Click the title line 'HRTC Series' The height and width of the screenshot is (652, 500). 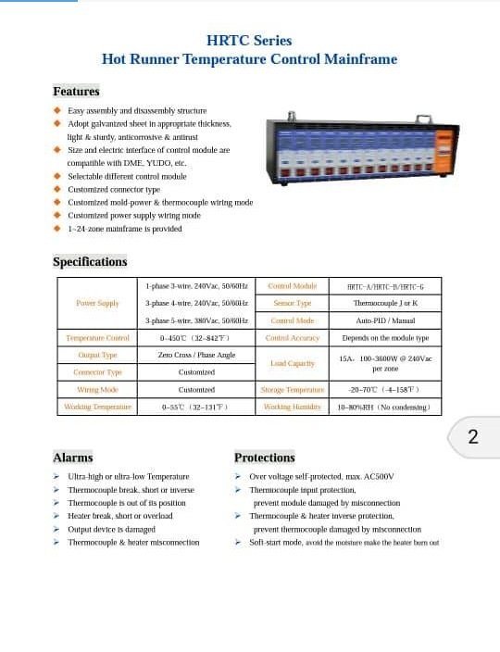pos(249,41)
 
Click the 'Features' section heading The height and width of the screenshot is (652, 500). pos(76,92)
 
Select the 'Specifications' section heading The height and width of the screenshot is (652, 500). pos(90,262)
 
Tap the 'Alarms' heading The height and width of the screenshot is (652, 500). pos(73,458)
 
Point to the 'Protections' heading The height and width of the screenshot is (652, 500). pos(265,458)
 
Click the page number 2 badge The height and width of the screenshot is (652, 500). pos(472,437)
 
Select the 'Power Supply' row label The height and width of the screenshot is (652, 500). pos(97,304)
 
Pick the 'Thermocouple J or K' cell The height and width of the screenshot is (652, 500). pos(385,304)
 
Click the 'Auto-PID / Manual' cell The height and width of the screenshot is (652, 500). pos(385,320)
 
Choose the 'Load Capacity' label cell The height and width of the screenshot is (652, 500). pos(292,364)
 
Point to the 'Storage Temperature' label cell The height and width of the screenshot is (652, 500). pos(292,390)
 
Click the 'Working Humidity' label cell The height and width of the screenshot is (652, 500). pos(292,407)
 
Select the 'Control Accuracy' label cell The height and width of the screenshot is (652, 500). pos(292,338)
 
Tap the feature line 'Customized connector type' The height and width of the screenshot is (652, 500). pos(114,190)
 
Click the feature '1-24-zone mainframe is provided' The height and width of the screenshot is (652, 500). pos(124,229)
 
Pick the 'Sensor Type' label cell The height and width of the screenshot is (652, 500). pos(292,304)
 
